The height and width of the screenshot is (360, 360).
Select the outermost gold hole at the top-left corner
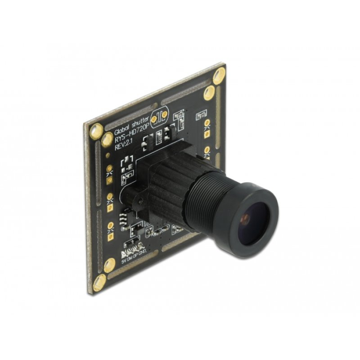coord(95,131)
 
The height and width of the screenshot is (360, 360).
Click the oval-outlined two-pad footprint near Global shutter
coord(159,117)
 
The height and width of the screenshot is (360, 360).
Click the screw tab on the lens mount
coord(130,196)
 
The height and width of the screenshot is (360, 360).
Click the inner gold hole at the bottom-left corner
coord(109,266)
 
